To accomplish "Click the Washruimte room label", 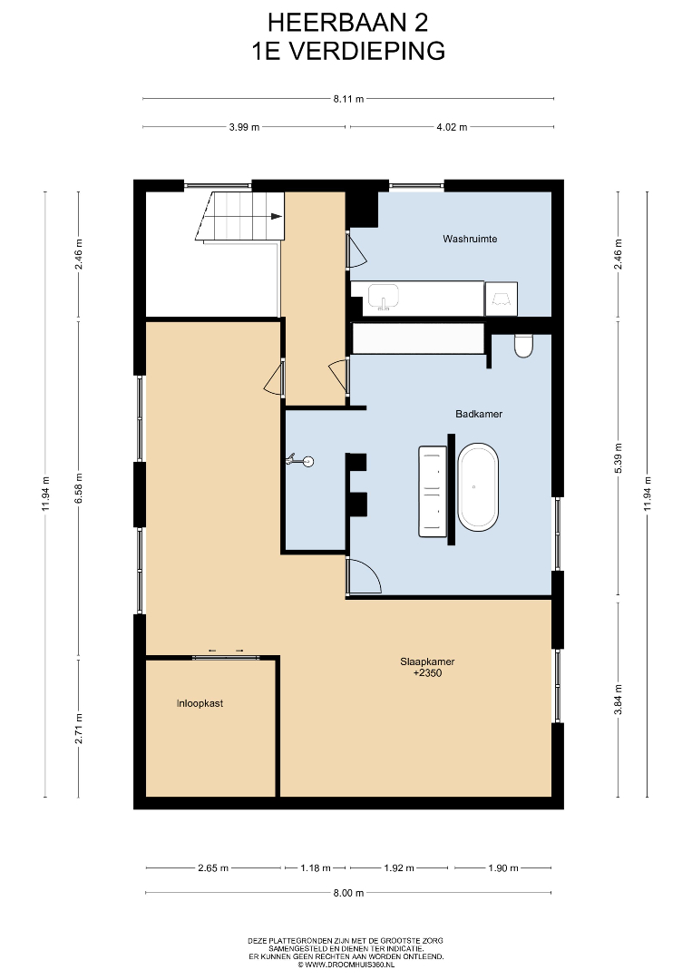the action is coord(470,239).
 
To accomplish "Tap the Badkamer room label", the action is coord(479,414).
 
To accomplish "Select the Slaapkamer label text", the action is coord(427,661).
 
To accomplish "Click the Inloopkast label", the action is coord(200,703).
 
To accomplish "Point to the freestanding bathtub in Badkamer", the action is coord(478,487).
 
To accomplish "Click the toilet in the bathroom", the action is coord(523,346).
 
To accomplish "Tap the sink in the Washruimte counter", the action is coord(383,296).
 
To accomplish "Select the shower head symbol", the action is coord(300,462).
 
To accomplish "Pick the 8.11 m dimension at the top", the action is coord(348,99).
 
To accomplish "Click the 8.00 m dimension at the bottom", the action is coord(348,893).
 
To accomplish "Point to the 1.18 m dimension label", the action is coord(315,868).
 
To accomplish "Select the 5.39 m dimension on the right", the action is coord(619,458).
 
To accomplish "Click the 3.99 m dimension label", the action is coord(244,127).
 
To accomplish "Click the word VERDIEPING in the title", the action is coord(368,51).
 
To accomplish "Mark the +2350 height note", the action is coord(427,673).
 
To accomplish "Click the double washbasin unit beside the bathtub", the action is coord(432,491).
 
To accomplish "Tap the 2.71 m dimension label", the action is coord(78,729).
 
